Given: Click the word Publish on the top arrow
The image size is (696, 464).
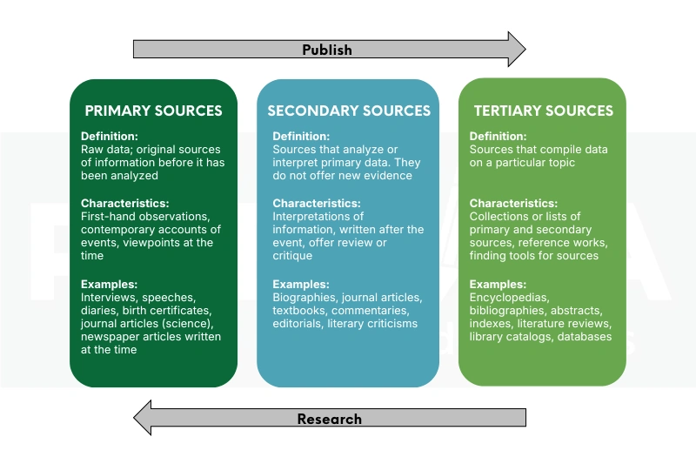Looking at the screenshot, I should (327, 50).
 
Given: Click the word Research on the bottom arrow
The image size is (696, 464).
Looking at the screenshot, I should (329, 419).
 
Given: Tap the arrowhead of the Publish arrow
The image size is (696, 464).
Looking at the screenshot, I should (517, 50).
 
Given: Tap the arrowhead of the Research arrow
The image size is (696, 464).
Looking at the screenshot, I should (141, 419).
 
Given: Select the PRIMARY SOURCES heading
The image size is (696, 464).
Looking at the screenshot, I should (153, 111).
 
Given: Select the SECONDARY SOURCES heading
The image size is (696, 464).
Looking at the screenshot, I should (348, 111).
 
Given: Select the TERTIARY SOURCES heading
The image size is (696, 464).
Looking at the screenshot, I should (543, 111).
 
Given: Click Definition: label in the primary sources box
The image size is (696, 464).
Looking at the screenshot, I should (110, 137).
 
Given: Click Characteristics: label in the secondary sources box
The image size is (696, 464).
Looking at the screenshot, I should (316, 203).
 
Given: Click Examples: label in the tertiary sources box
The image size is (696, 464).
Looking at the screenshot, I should (499, 285).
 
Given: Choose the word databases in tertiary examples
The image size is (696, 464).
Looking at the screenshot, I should (585, 337).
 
